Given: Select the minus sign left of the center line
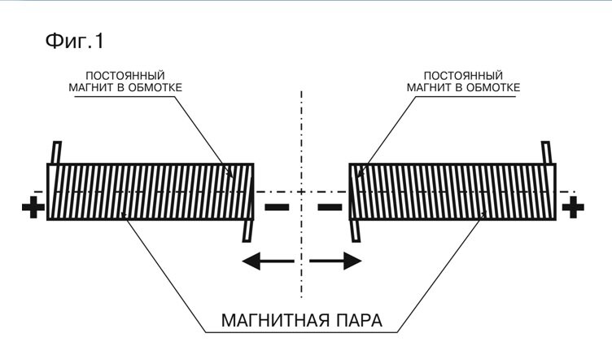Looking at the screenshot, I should pos(277,207).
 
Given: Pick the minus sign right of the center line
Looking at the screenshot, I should pos(330,207).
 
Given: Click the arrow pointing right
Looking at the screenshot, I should pos(335,261).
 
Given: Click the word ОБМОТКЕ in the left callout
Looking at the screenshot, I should pos(155,88).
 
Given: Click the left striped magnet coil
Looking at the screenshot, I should pos(151,191).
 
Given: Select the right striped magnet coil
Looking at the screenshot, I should pos(452,191).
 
